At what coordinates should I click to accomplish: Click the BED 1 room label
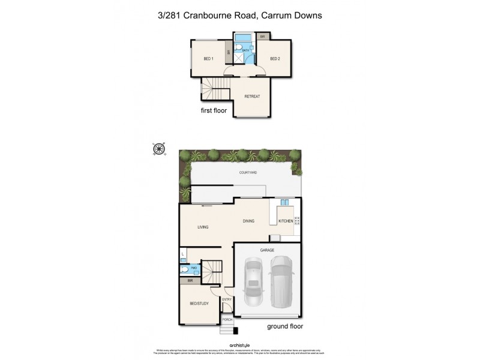point(208,58)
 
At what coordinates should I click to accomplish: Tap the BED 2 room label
point(275,58)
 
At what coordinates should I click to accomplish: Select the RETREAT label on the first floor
point(251,96)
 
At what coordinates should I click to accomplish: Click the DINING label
point(248,221)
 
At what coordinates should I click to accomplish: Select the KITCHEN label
point(285,221)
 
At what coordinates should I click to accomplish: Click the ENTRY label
point(227,299)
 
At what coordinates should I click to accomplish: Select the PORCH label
point(227,320)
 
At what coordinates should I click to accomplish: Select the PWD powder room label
point(194,268)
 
